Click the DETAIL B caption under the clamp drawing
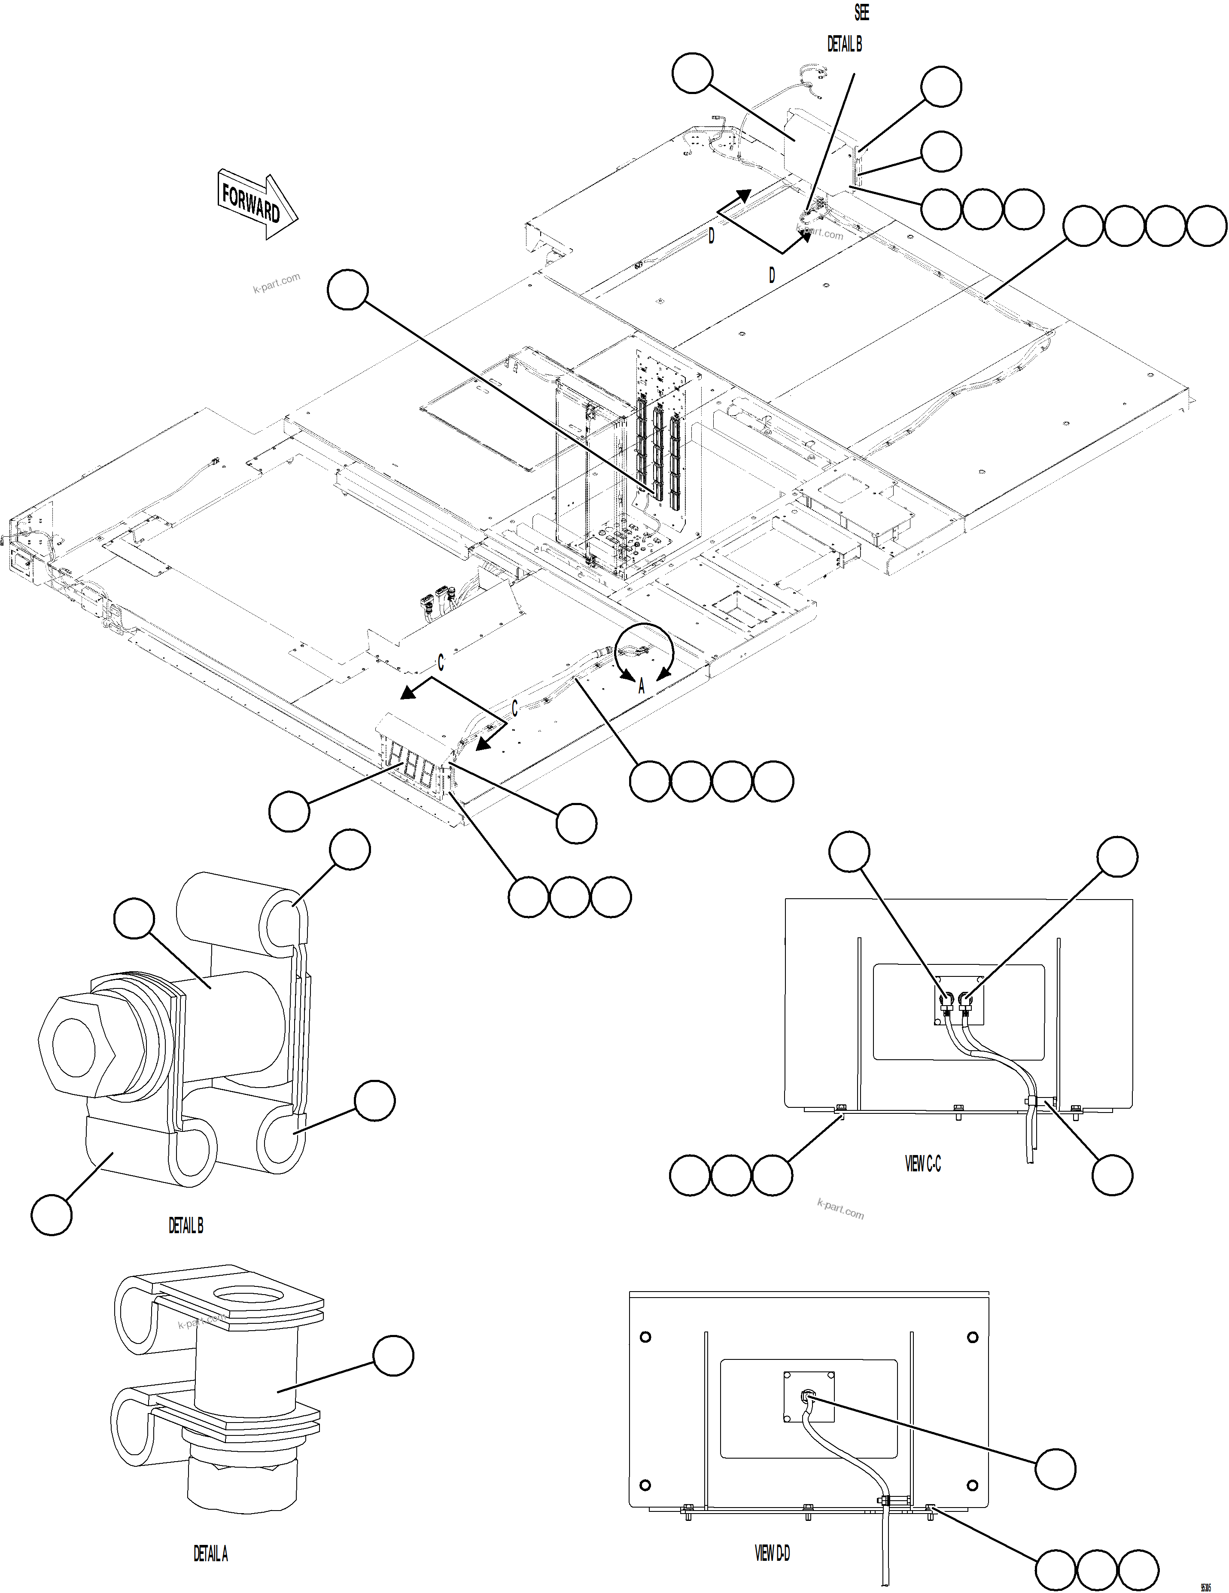tap(186, 1226)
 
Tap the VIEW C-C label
tap(923, 1164)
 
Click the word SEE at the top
tap(861, 13)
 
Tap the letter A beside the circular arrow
tap(641, 686)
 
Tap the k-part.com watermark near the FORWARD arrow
tap(277, 283)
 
